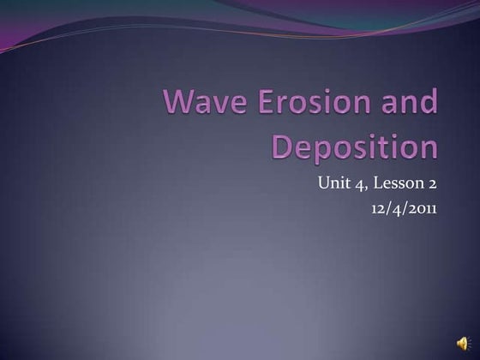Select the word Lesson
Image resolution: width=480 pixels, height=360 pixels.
pyautogui.click(x=396, y=183)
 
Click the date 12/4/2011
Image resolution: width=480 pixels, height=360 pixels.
pyautogui.click(x=401, y=206)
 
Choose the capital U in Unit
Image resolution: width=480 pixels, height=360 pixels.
pyautogui.click(x=323, y=183)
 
